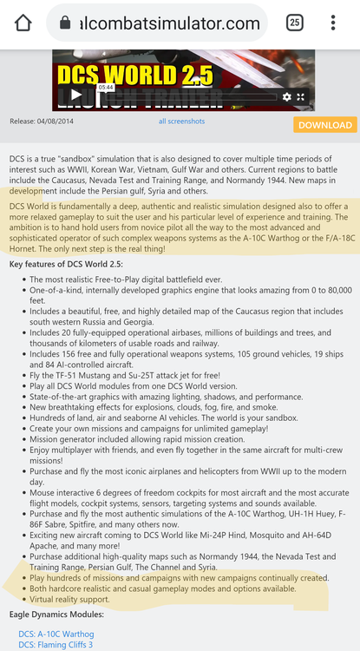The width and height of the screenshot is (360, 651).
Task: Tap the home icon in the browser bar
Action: coord(23,23)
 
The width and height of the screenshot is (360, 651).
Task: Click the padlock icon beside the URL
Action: coord(64,23)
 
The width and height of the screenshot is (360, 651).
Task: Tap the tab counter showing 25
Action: coord(295,23)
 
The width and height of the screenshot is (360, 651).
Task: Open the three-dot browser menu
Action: coord(333,23)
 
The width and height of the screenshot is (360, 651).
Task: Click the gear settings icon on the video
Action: coord(287,97)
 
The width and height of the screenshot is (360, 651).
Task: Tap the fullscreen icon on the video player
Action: coord(301,97)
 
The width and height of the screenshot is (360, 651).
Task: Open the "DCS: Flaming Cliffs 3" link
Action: coord(55,644)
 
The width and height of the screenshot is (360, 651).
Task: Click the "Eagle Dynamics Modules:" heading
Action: coord(56,615)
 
